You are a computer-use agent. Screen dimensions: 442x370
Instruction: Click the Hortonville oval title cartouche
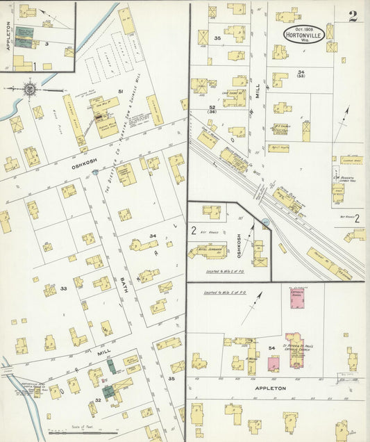point(303,35)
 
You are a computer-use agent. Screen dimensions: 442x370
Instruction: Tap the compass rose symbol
point(31,88)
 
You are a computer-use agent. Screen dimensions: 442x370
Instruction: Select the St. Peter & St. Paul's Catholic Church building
point(295,350)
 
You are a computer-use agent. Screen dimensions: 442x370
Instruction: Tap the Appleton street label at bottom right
point(271,388)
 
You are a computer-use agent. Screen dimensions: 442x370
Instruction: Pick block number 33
point(63,288)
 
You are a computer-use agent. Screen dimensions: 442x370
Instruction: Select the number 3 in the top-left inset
point(47,43)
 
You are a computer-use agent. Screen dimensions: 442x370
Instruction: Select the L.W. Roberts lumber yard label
point(342,178)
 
